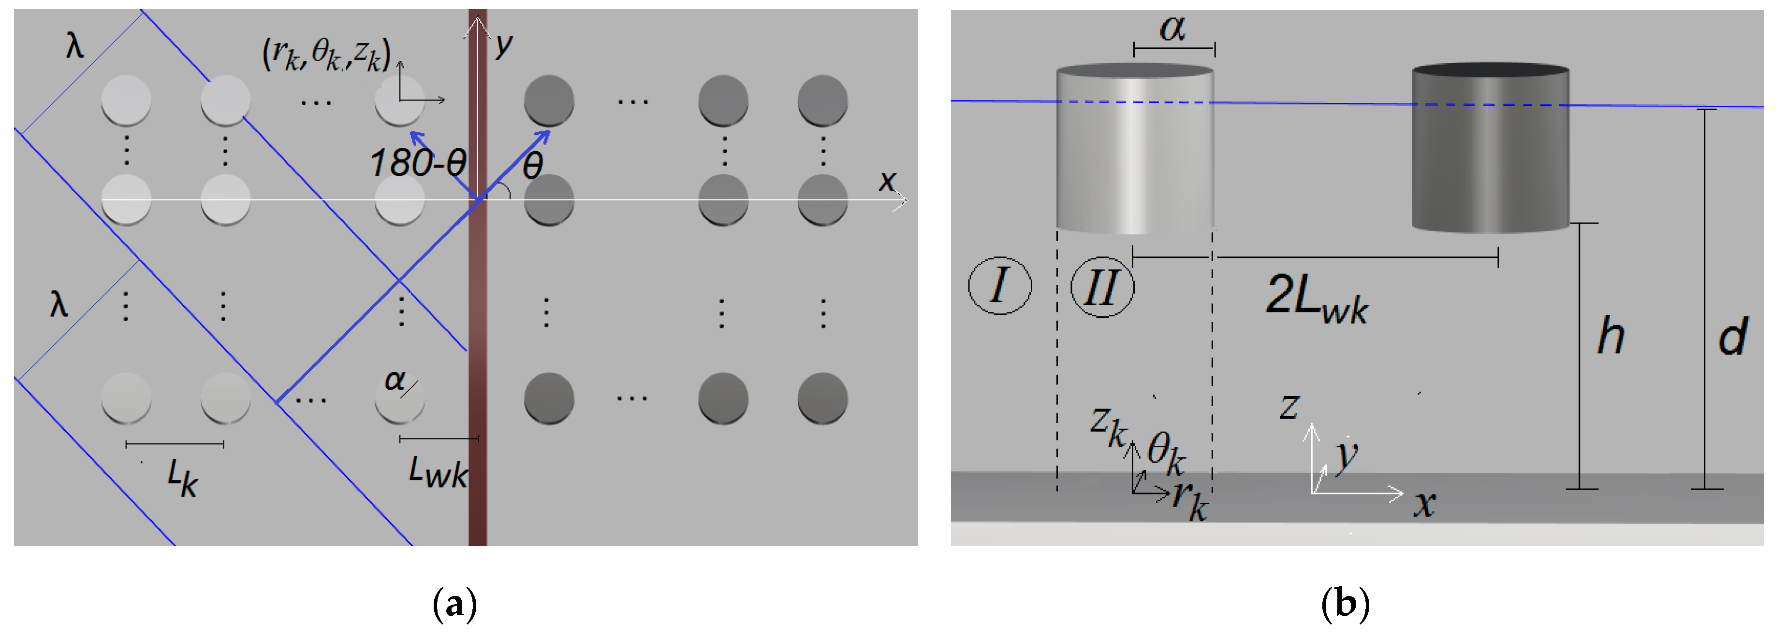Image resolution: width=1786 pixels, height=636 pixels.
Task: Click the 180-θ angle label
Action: coord(418,164)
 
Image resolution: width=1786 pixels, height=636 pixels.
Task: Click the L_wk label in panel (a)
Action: coord(438,472)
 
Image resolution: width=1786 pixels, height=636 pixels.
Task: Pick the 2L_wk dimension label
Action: coord(1317,298)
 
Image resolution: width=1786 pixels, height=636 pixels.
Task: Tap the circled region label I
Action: coord(999,285)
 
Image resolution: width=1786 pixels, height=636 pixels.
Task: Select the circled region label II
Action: coord(1102,287)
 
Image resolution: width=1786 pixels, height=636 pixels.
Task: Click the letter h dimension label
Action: coord(1610,336)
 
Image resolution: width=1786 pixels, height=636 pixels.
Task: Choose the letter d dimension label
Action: coord(1733,338)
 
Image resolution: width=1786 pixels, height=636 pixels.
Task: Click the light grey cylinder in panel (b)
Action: coord(1134,149)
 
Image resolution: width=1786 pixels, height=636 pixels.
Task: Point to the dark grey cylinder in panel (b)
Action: coord(1490,149)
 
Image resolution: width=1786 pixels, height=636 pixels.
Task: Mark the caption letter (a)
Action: coord(455,604)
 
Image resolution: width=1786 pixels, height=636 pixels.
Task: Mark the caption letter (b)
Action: coord(1345,604)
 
